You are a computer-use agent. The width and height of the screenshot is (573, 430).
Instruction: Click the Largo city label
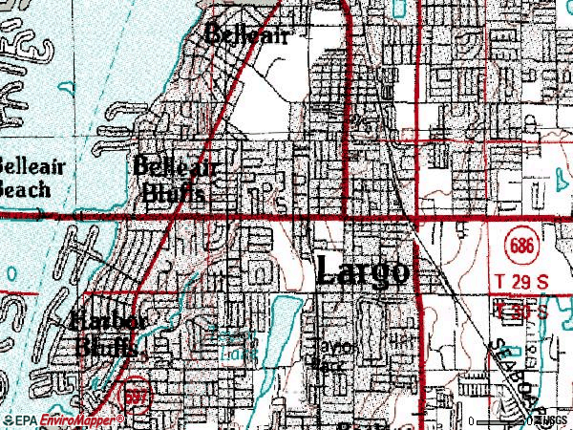[363, 270]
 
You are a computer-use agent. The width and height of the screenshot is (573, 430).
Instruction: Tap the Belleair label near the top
[245, 34]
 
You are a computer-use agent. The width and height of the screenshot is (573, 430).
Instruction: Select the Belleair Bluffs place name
[177, 180]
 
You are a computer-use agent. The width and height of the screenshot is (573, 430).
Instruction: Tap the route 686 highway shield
[520, 247]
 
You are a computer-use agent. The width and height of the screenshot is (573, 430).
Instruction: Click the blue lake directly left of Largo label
[283, 320]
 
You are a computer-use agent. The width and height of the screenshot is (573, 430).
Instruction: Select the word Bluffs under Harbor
[110, 346]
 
